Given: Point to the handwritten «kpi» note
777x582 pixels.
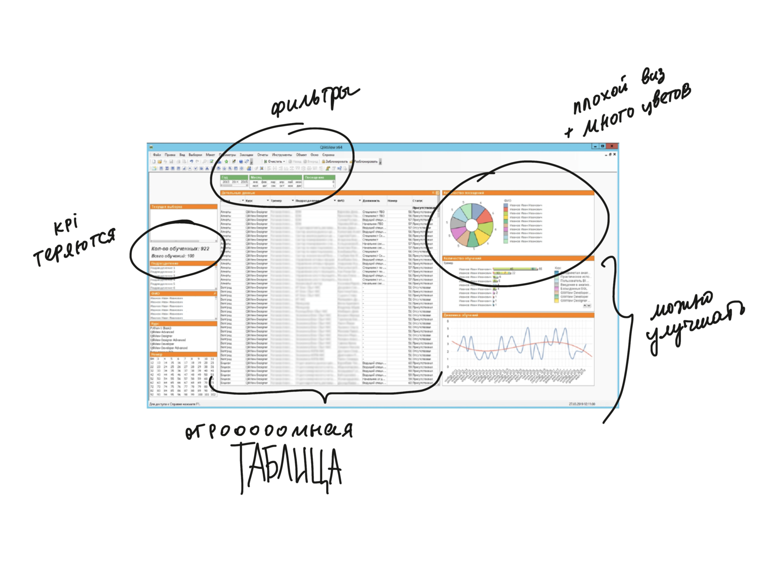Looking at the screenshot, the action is point(66,226).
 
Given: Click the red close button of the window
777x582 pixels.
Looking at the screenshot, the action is point(612,147).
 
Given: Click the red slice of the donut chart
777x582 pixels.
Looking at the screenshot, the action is point(484,216).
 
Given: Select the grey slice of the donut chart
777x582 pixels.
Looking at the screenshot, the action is point(458,223).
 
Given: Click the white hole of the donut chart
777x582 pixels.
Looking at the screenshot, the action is point(471,225).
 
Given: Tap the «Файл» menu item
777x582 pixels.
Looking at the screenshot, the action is point(157,155).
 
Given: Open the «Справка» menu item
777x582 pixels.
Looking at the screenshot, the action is point(328,155).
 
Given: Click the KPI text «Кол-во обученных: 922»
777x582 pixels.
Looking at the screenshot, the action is point(180,249).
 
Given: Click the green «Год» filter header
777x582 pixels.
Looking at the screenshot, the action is point(234,178).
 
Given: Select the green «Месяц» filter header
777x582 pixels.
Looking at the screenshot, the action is point(276,178).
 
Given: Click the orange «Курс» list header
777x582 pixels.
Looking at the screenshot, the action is point(183,324).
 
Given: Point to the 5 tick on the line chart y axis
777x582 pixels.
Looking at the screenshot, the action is point(448,329).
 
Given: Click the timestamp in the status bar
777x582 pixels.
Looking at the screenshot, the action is point(581,404).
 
